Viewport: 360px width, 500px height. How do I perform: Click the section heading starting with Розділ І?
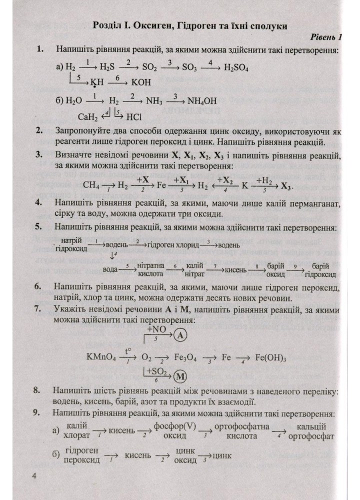pyautogui.click(x=192, y=25)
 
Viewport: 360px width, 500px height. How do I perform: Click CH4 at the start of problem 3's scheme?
pyautogui.click(x=91, y=184)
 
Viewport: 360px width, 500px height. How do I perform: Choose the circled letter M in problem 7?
pyautogui.click(x=180, y=374)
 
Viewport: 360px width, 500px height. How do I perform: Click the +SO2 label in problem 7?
pyautogui.click(x=156, y=371)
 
